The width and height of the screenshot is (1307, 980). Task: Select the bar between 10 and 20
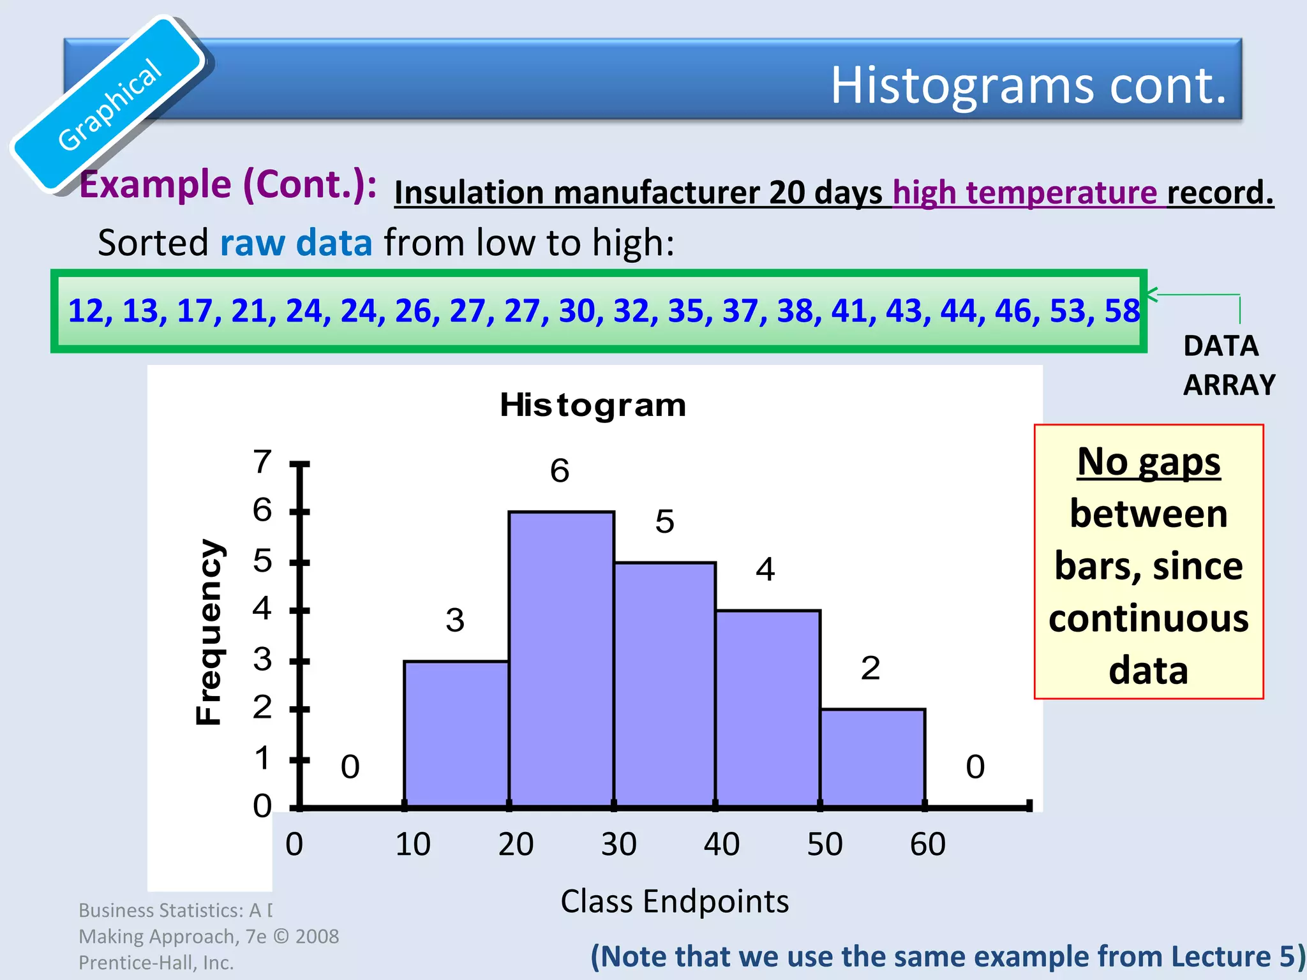[456, 734]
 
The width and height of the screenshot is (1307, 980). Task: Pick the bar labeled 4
[768, 708]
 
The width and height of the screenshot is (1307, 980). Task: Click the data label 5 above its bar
[664, 522]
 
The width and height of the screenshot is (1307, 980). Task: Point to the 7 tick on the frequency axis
[262, 462]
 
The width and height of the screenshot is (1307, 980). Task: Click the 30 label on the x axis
[618, 844]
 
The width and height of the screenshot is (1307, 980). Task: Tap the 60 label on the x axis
[927, 844]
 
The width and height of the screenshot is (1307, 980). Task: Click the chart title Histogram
[592, 405]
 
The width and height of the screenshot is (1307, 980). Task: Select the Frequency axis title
[209, 632]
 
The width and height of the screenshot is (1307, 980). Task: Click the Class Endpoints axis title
[675, 902]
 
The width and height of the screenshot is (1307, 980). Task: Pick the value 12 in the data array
[86, 311]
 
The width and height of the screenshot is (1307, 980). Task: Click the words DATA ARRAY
[1228, 366]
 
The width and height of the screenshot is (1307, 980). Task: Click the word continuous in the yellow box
[1148, 618]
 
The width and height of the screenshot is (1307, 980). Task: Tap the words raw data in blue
[295, 243]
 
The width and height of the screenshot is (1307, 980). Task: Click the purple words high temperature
[1024, 193]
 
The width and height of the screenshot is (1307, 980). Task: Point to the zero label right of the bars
[975, 766]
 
